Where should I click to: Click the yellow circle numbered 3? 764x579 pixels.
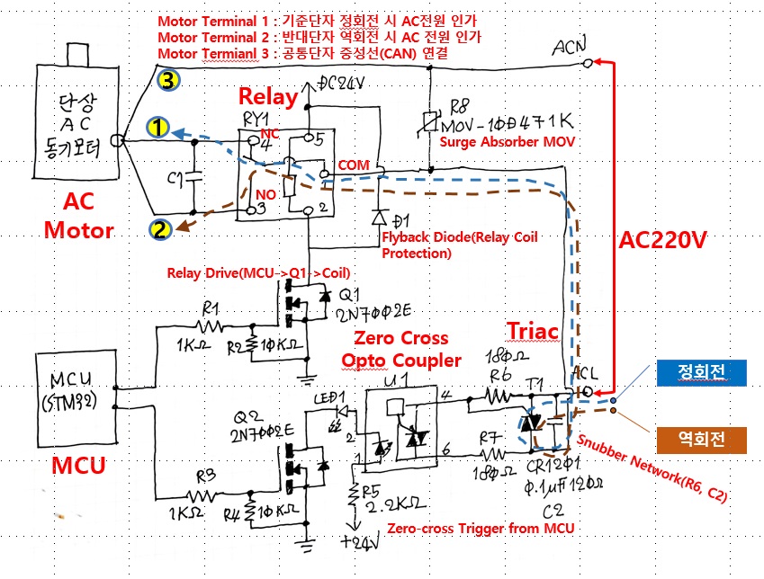pyautogui.click(x=168, y=81)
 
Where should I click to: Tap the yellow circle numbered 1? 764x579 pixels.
pyautogui.click(x=157, y=129)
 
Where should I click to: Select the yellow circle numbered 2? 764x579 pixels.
pyautogui.click(x=160, y=229)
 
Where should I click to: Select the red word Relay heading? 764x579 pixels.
pyautogui.click(x=267, y=96)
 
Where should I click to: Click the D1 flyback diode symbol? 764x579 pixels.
pyautogui.click(x=377, y=218)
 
